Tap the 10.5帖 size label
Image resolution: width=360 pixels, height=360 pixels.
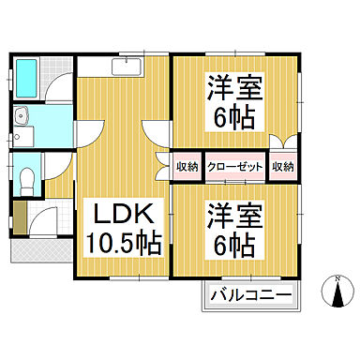point(123,242)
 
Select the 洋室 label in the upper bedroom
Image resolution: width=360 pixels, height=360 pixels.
point(234,89)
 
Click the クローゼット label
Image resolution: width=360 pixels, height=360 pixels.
point(234,167)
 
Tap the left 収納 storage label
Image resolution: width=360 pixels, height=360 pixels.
point(187,167)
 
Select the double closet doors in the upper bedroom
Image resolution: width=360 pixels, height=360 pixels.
point(283,143)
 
